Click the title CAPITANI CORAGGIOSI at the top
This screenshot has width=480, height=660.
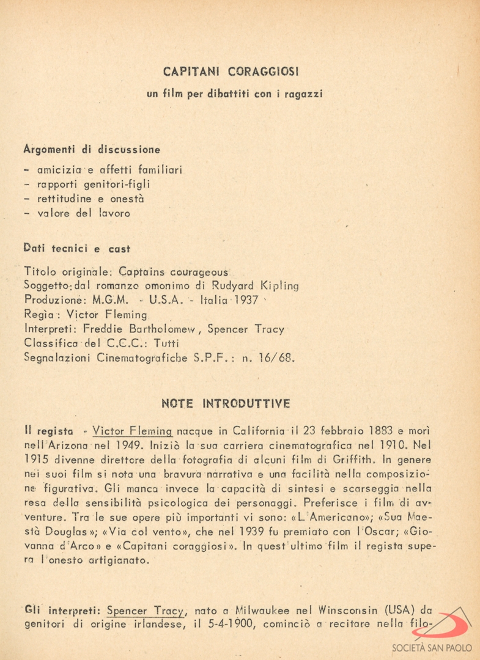(x=231, y=71)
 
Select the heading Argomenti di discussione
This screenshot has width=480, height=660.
(x=92, y=149)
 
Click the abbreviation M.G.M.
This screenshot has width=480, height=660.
(x=111, y=300)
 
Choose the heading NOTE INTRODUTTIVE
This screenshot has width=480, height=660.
(x=226, y=404)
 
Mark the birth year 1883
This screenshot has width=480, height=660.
(x=364, y=430)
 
